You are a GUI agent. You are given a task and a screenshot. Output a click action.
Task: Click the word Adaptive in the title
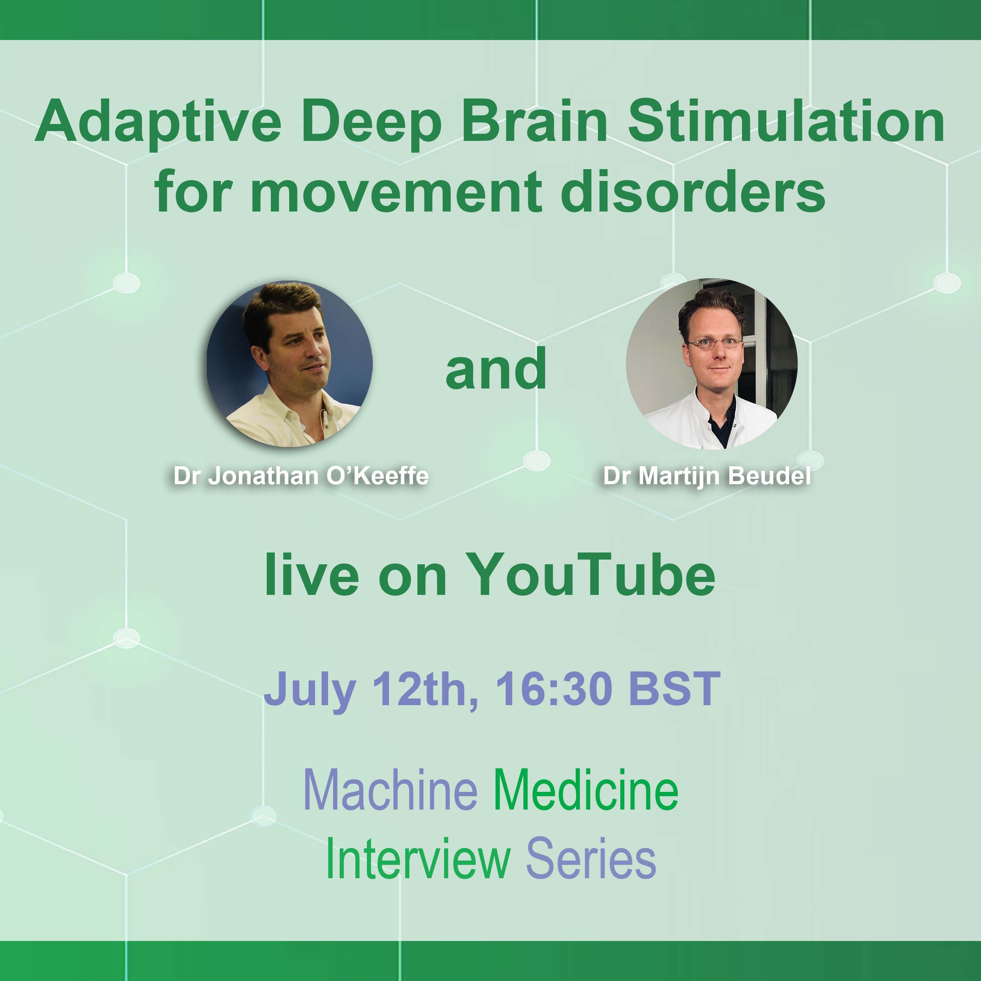point(159,122)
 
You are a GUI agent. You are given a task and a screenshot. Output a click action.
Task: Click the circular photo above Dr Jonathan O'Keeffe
point(290,364)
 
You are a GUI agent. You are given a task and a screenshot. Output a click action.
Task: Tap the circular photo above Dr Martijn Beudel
point(711,364)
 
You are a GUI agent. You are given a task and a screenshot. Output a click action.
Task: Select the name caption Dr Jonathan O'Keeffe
point(301,476)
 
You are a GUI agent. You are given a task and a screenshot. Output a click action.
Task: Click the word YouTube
point(590,574)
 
